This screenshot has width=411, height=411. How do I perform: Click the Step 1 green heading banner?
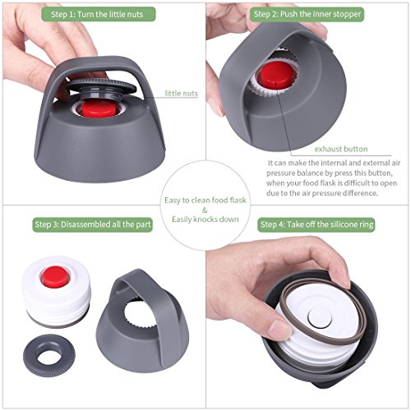(99, 14)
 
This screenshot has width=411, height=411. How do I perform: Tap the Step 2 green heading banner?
(307, 14)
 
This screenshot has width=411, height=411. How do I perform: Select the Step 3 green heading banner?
(93, 224)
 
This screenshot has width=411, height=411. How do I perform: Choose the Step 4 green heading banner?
(316, 224)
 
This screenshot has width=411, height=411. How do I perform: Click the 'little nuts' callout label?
(181, 94)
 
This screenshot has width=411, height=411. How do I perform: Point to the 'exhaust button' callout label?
(341, 149)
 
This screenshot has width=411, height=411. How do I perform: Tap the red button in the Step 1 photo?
(99, 109)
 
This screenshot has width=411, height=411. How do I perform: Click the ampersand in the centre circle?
(205, 210)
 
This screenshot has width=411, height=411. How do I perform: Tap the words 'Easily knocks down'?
(205, 219)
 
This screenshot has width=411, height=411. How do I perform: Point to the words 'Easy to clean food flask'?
(205, 201)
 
